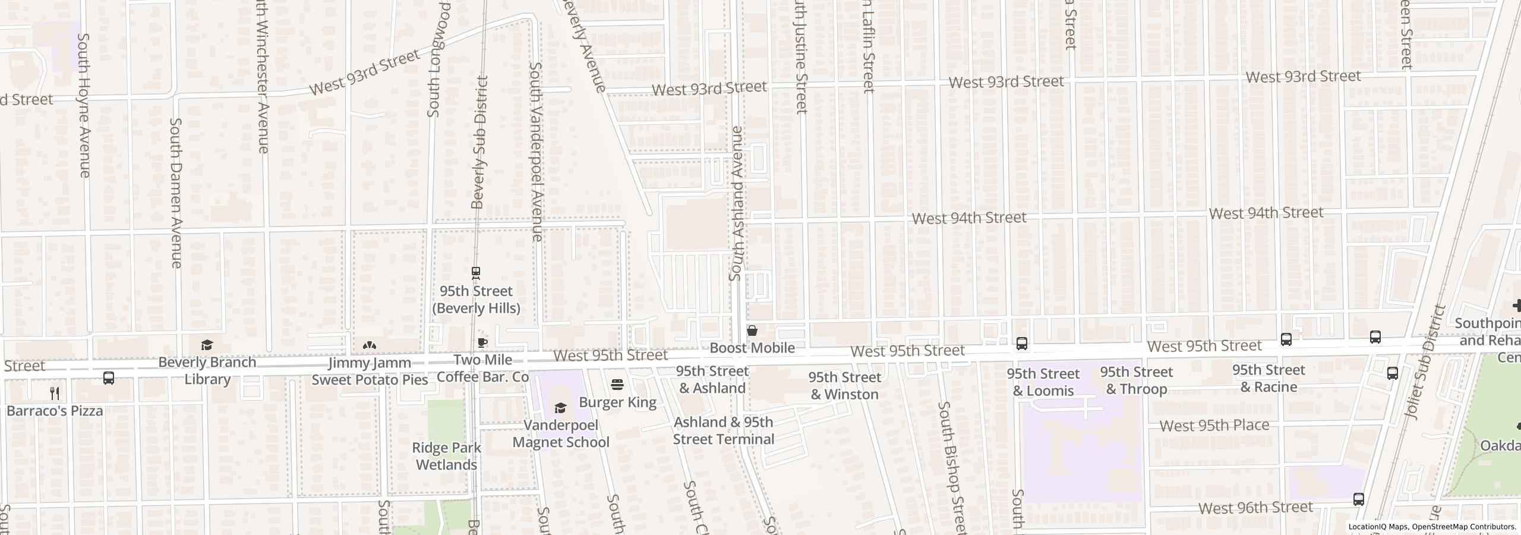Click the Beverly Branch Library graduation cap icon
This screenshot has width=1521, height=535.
pyautogui.click(x=207, y=345)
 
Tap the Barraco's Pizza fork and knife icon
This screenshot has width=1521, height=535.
pyautogui.click(x=55, y=393)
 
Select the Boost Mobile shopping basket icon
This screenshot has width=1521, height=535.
pyautogui.click(x=752, y=331)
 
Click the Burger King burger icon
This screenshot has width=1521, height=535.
pyautogui.click(x=617, y=385)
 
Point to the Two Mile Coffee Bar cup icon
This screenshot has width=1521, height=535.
pyautogui.click(x=482, y=343)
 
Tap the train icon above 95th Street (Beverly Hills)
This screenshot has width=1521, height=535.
pyautogui.click(x=475, y=273)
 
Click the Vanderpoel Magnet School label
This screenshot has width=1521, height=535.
pyautogui.click(x=560, y=434)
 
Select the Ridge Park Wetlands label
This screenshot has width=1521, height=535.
pyautogui.click(x=446, y=456)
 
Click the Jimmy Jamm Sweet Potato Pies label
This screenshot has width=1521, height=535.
pyautogui.click(x=370, y=371)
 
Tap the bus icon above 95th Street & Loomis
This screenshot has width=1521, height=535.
pyautogui.click(x=1021, y=343)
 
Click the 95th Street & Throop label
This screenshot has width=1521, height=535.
pyautogui.click(x=1136, y=380)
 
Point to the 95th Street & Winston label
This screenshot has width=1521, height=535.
pyautogui.click(x=844, y=386)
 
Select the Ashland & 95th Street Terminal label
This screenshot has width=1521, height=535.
pyautogui.click(x=723, y=431)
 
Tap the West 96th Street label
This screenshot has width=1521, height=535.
pyautogui.click(x=1255, y=508)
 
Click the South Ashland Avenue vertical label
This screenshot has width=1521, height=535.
pyautogui.click(x=737, y=203)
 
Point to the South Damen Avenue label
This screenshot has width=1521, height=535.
pyautogui.click(x=176, y=192)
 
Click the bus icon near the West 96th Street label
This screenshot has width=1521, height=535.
pyautogui.click(x=1358, y=499)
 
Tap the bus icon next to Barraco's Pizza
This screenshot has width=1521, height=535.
pyautogui.click(x=109, y=378)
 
